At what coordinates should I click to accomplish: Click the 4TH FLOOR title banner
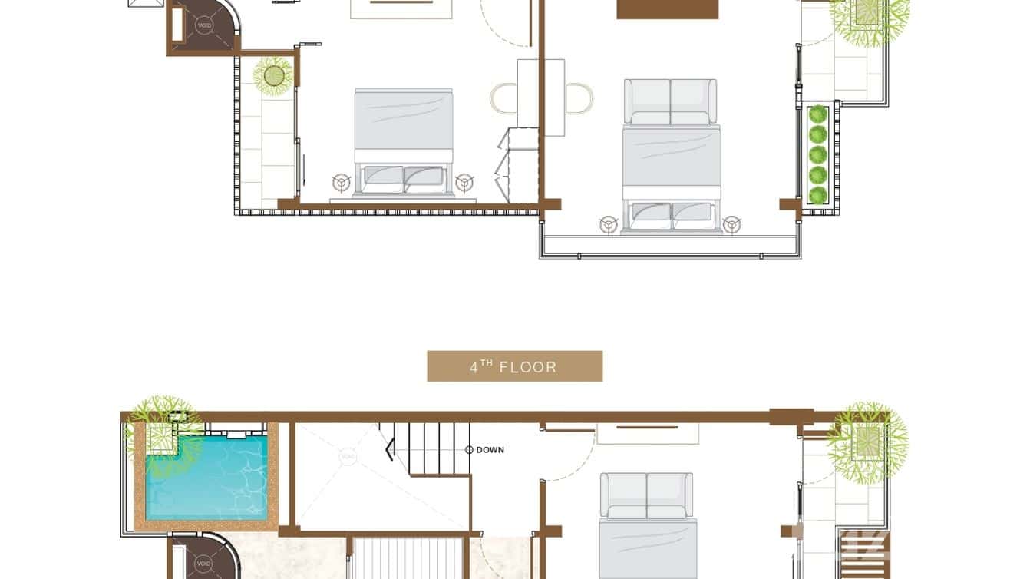click(514, 366)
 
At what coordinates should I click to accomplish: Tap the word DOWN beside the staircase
click(490, 450)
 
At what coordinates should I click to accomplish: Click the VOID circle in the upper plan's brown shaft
click(204, 25)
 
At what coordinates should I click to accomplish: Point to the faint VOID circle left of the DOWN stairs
click(348, 457)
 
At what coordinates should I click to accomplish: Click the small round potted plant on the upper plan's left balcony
click(274, 75)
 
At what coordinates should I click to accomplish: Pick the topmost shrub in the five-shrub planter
click(818, 114)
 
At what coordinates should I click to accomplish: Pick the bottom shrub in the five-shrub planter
click(818, 195)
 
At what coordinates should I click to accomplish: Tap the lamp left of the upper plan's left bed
click(341, 182)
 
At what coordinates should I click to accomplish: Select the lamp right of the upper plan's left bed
click(463, 182)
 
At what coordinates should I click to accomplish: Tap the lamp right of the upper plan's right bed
click(731, 223)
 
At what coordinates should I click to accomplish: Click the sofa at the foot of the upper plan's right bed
click(670, 101)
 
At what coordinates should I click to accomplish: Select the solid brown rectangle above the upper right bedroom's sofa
click(667, 8)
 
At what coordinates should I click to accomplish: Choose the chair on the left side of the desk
click(503, 98)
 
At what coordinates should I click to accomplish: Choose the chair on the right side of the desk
click(579, 98)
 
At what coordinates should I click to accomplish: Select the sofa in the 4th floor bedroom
click(646, 496)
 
